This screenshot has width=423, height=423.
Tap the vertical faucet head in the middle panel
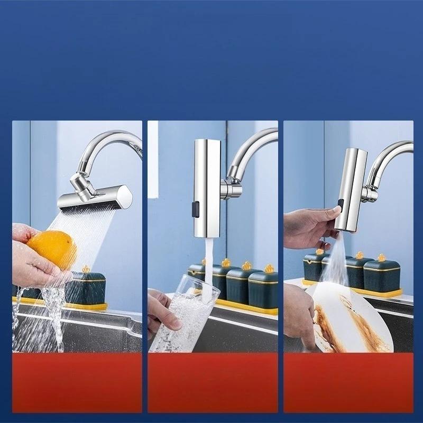206,188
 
